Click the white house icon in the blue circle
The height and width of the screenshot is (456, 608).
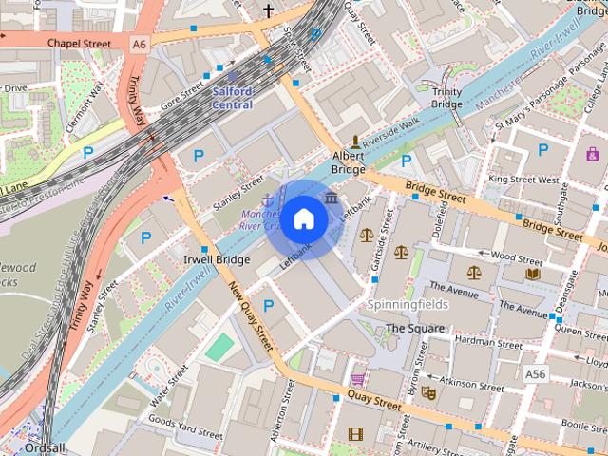pyautogui.click(x=303, y=218)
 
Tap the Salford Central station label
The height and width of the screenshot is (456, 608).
pyautogui.click(x=232, y=98)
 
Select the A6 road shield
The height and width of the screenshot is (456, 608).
pyautogui.click(x=141, y=44)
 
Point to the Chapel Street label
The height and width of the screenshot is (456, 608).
pyautogui.click(x=79, y=44)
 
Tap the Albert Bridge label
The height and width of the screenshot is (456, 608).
pyautogui.click(x=348, y=161)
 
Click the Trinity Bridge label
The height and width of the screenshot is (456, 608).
pyautogui.click(x=446, y=98)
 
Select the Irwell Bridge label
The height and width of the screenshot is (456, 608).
pyautogui.click(x=216, y=259)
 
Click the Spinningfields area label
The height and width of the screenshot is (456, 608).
pyautogui.click(x=408, y=305)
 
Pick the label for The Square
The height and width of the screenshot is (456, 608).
pyautogui.click(x=414, y=329)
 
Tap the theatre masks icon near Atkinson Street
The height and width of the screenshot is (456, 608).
pyautogui.click(x=428, y=391)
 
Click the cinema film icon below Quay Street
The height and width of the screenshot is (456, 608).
pyautogui.click(x=355, y=435)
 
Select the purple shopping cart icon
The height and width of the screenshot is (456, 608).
pyautogui.click(x=358, y=378)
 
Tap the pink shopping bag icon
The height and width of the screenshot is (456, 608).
pyautogui.click(x=593, y=154)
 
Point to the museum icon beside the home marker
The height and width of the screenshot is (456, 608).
pyautogui.click(x=331, y=198)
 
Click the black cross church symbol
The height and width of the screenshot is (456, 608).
pyautogui.click(x=269, y=11)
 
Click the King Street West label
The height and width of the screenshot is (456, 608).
pyautogui.click(x=523, y=179)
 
